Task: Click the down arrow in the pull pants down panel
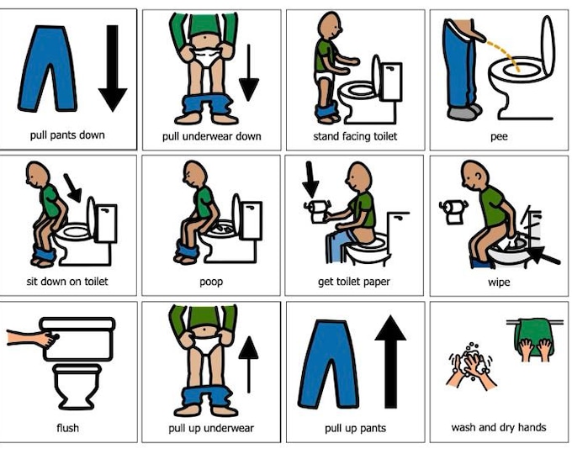112,67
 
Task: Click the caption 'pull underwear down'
211,136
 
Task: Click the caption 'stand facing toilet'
355,136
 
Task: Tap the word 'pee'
499,136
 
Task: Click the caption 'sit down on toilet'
66,282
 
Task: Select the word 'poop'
211,282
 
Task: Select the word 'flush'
67,428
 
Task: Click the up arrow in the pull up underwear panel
249,357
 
